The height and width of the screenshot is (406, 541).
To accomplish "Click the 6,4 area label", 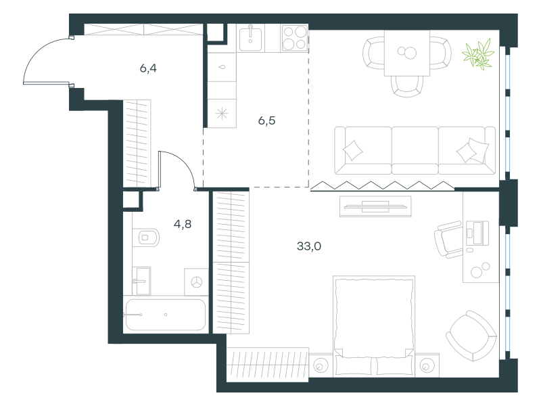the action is coord(148,68).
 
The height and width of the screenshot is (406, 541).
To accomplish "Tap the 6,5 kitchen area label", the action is coord(266,120).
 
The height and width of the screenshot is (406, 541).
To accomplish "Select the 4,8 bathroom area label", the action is coord(183,224).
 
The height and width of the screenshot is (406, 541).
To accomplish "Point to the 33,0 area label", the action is coord(309,246).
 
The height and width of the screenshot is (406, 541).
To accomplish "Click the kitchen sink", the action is coord(250,38).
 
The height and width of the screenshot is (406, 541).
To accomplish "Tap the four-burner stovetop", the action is coord(295,38).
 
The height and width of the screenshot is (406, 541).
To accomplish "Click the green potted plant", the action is coord(478,54).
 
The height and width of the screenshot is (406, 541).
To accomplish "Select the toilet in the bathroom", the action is coord(146,238).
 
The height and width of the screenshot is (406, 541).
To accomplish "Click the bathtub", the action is coord(166,315).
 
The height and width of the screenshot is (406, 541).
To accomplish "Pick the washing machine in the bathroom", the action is coord(196,281).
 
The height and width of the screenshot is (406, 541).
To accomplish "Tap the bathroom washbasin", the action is coord(141,281).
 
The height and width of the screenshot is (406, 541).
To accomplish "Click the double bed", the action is coord(374,325).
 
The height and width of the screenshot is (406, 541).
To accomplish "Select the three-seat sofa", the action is coord(415,150).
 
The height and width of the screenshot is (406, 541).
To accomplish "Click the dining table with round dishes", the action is coord(407,53).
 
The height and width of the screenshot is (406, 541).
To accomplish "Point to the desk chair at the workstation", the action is coord(448,240).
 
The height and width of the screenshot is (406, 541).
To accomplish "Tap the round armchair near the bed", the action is coord(471,336).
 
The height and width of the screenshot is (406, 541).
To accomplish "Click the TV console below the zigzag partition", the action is coord(375,206).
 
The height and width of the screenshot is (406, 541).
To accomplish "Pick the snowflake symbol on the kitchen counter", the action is coord(222,114).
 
